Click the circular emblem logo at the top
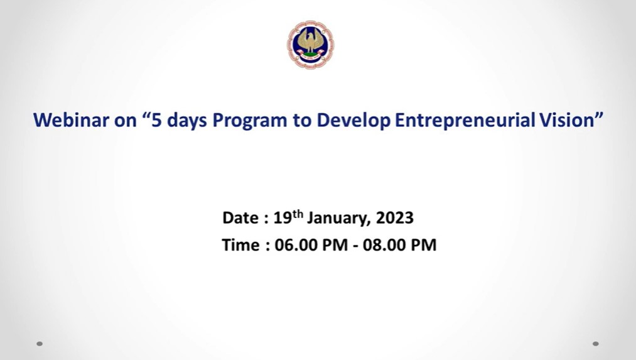coord(311,44)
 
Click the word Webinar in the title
coord(71,120)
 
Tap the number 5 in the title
coord(156,120)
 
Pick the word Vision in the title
coord(567,120)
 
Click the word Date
coord(240,218)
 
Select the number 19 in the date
coord(283,218)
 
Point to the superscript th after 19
coord(298,214)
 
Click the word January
coord(338,219)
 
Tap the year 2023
coord(395,218)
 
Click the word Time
coord(240,245)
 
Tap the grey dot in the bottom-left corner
coord(40,344)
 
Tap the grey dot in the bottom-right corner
coord(595,344)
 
